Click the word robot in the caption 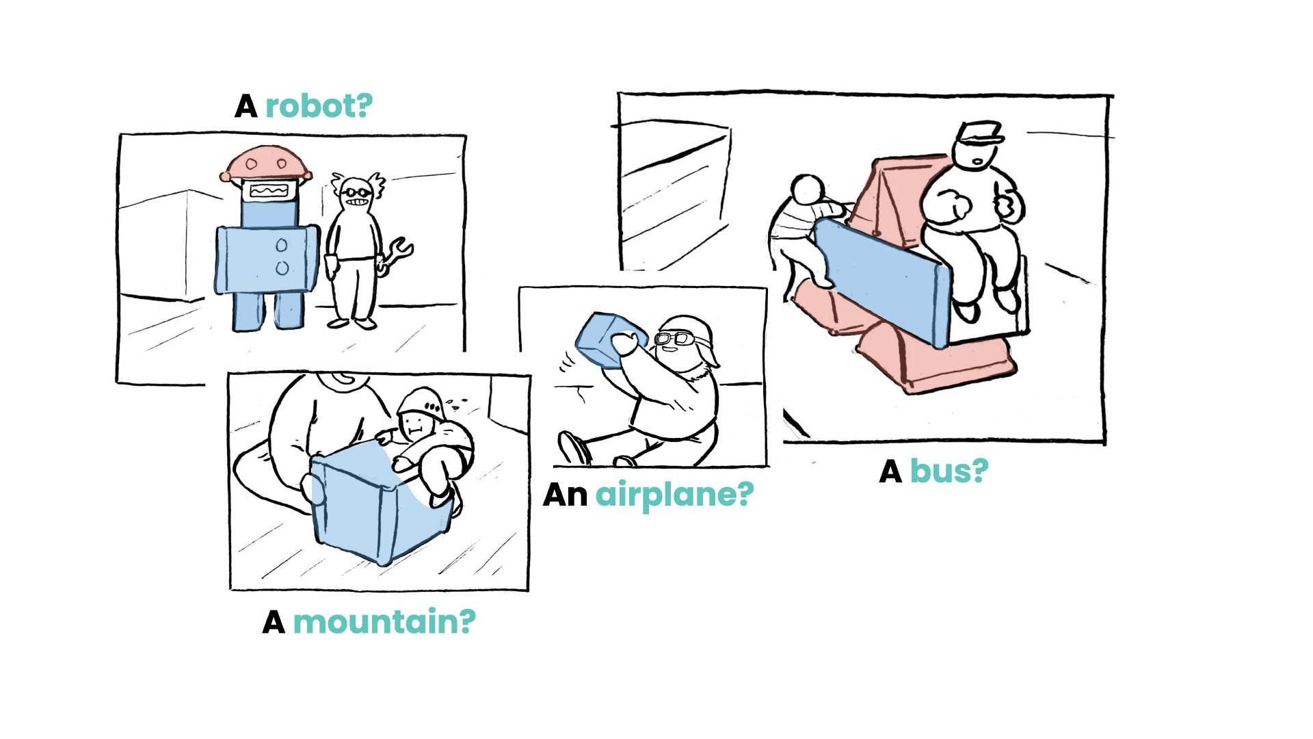pos(319,107)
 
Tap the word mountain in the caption pos(384,622)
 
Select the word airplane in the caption pos(674,494)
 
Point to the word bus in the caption pos(949,471)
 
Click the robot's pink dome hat pos(265,163)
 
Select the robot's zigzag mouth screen pos(268,190)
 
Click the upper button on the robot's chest pos(281,245)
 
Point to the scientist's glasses pos(356,192)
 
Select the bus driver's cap pos(979,133)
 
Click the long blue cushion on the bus pos(882,281)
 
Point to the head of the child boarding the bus pos(808,189)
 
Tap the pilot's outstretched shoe pos(573,448)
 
